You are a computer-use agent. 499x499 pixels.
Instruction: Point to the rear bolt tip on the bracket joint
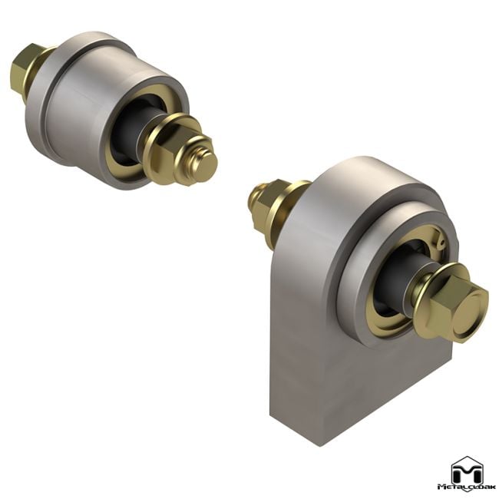click(254, 200)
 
